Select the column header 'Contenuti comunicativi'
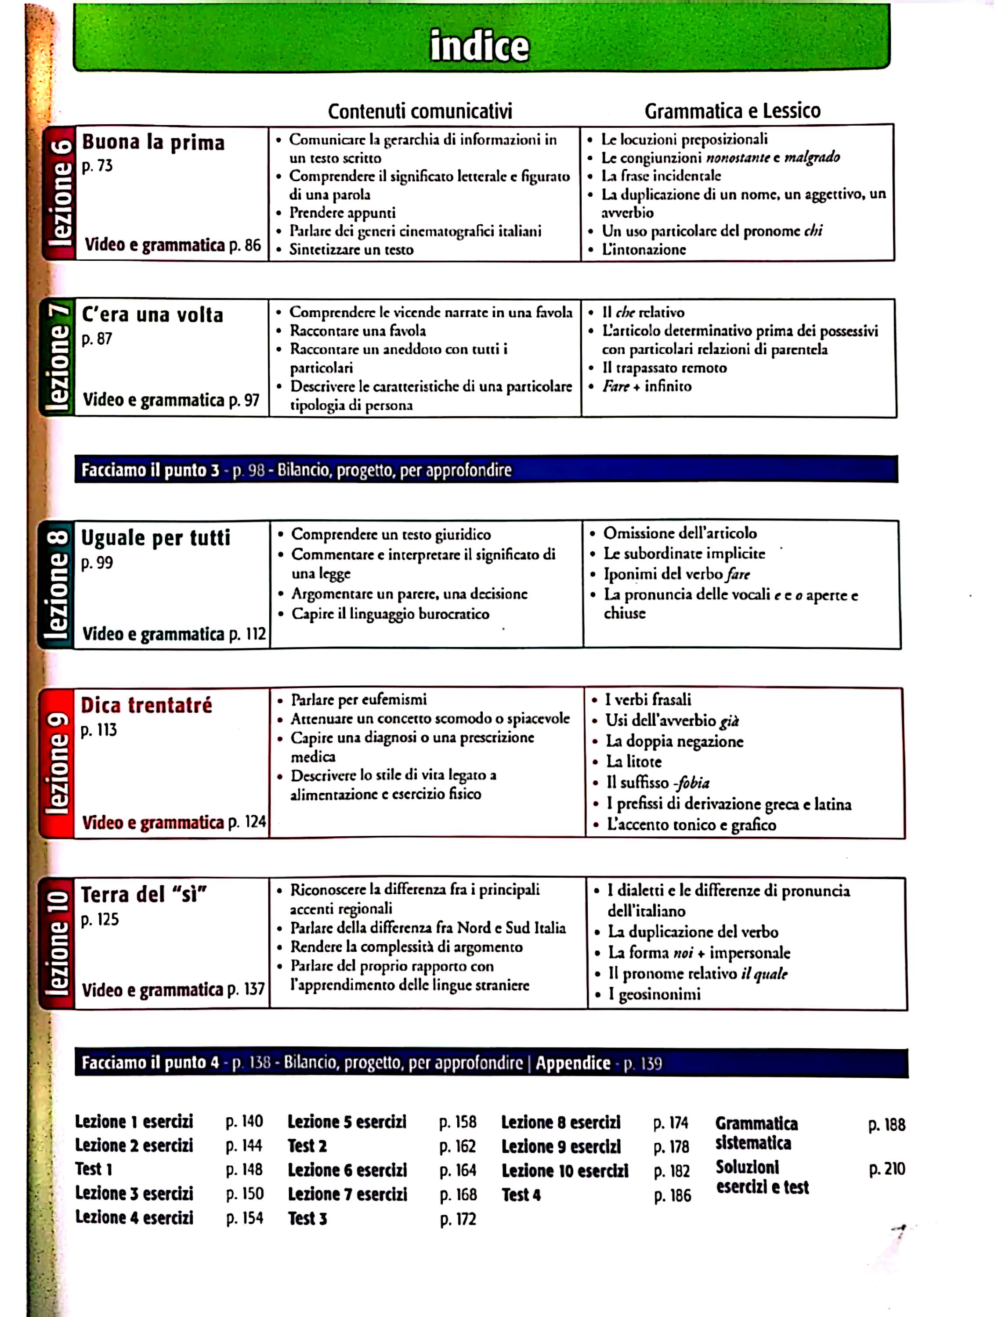(420, 112)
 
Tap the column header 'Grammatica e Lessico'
(732, 111)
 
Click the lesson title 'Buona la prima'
(153, 142)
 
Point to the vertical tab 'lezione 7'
(58, 358)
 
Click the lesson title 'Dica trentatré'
(147, 705)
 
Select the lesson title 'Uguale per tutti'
(155, 538)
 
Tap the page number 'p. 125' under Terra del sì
(100, 920)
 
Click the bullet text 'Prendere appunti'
(342, 212)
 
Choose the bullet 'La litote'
(634, 762)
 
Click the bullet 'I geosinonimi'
(654, 994)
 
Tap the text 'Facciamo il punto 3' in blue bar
(150, 470)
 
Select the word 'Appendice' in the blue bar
(573, 1063)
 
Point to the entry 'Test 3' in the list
(307, 1218)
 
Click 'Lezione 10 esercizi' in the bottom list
(565, 1171)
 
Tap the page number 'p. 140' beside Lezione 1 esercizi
(244, 1122)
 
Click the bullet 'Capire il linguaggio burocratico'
(390, 614)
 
